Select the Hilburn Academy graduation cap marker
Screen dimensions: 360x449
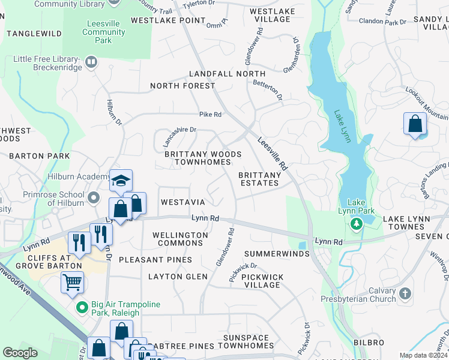[120, 181]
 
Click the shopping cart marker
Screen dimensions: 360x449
[72, 280]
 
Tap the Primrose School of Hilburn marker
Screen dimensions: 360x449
[94, 197]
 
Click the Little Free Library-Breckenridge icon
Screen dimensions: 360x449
[91, 61]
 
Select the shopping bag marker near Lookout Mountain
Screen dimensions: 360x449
[415, 124]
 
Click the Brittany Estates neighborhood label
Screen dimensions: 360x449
[260, 179]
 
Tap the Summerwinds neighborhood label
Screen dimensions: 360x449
[276, 254]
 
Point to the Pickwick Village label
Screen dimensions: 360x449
[262, 281]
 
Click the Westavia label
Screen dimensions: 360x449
[183, 202]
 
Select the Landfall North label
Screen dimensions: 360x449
[218, 74]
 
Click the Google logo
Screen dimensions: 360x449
[20, 353]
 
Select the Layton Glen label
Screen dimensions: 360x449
[178, 277]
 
